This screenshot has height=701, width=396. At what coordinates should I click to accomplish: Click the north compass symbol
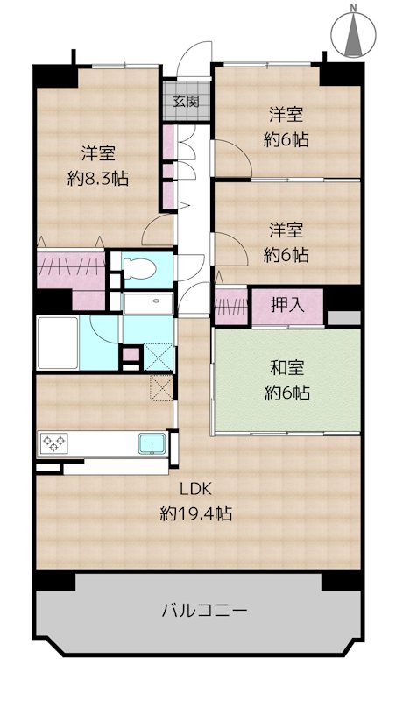[x=353, y=32]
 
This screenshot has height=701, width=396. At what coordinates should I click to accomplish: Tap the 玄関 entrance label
[x=186, y=102]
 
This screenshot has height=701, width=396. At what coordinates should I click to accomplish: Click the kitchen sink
[x=152, y=443]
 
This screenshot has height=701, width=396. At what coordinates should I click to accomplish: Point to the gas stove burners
[x=53, y=443]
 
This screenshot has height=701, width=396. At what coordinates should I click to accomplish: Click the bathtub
[x=58, y=343]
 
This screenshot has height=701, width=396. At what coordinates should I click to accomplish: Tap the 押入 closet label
[x=287, y=306]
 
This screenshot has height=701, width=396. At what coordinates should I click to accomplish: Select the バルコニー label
[x=204, y=610]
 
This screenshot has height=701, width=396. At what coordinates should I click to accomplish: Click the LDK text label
[x=195, y=490]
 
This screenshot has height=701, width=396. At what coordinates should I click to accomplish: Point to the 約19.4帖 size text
[x=195, y=514]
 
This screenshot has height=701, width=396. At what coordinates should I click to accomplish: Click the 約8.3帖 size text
[x=98, y=179]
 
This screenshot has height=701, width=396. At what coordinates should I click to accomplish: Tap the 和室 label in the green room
[x=287, y=368]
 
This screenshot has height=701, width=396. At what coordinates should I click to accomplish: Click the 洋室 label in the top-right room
[x=286, y=115]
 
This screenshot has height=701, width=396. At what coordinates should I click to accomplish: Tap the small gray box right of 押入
[x=343, y=318]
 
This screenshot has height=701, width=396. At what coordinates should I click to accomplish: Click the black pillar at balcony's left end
[x=53, y=580]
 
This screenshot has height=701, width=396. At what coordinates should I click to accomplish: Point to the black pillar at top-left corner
[x=55, y=76]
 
